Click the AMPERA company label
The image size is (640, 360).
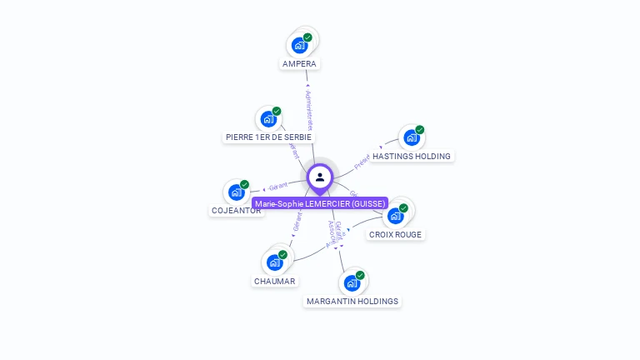coord(299,64)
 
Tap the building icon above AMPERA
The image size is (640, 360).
coord(299,46)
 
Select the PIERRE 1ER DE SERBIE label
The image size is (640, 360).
coord(270,137)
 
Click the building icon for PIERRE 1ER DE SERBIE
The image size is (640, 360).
coord(268,119)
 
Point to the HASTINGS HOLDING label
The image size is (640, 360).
coord(412,156)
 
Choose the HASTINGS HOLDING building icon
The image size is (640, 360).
coord(411,137)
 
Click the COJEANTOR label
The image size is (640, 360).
coord(236,211)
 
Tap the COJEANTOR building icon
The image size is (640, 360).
coord(236,192)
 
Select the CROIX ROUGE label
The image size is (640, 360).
coord(396,234)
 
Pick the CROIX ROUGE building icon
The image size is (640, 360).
coord(395,216)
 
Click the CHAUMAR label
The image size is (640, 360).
coord(275,281)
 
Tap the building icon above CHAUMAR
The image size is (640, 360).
coord(274,262)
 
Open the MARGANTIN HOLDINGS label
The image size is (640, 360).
coord(352,301)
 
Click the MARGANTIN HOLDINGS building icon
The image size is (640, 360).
coord(352,283)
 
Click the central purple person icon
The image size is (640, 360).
coord(320,177)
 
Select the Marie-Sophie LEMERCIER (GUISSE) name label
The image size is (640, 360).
coord(320,203)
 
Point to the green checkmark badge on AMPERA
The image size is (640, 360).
coord(307,37)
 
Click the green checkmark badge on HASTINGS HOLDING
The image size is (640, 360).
coord(420,130)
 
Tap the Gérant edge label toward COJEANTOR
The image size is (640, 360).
coord(278,186)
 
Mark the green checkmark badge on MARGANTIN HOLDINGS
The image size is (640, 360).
coord(360,275)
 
